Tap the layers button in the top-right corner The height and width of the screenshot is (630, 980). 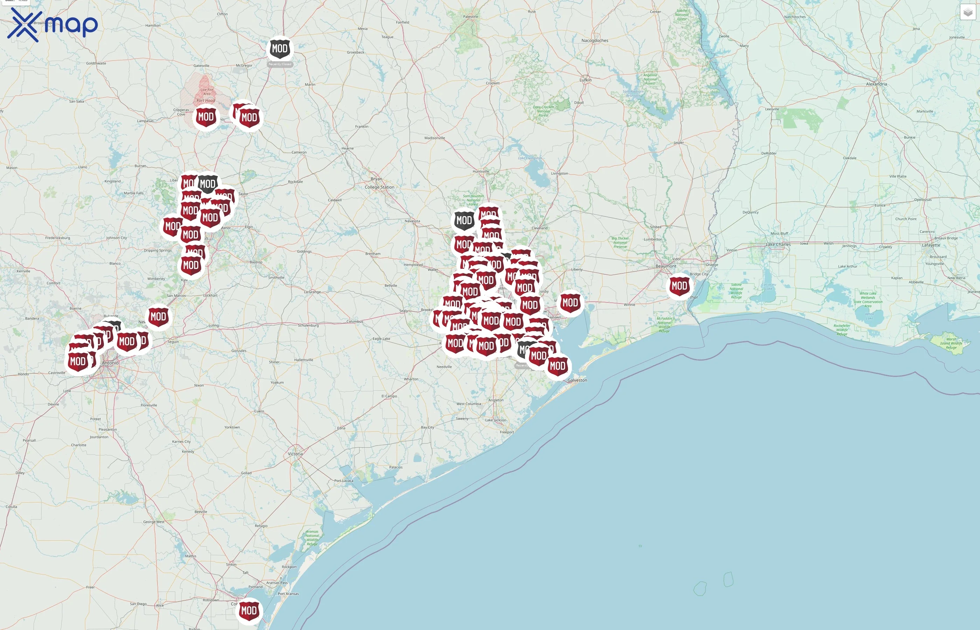pos(968,12)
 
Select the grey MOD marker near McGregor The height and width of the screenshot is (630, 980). pos(280,49)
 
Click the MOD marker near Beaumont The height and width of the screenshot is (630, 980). pos(679,286)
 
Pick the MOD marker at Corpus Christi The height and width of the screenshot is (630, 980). pos(249,611)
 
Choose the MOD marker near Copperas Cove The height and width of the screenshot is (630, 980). pos(206,117)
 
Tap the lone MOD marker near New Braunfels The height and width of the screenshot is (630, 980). pos(158,317)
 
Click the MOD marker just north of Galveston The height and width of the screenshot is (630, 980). pos(558,366)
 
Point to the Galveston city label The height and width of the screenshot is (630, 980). pos(577,380)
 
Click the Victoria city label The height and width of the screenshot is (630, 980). pos(295,454)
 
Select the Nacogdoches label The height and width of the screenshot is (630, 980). pos(595,41)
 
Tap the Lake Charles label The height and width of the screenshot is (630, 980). pos(778,245)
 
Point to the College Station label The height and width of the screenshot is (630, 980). pos(379,187)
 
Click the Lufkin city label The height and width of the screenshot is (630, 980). pos(585,80)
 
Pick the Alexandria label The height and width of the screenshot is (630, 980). pos(876,84)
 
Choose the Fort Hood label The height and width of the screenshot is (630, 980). pos(206,101)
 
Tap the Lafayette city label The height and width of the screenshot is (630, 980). pos(931,245)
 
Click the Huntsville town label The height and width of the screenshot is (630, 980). pos(481,171)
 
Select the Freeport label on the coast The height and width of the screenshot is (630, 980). pos(507,432)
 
